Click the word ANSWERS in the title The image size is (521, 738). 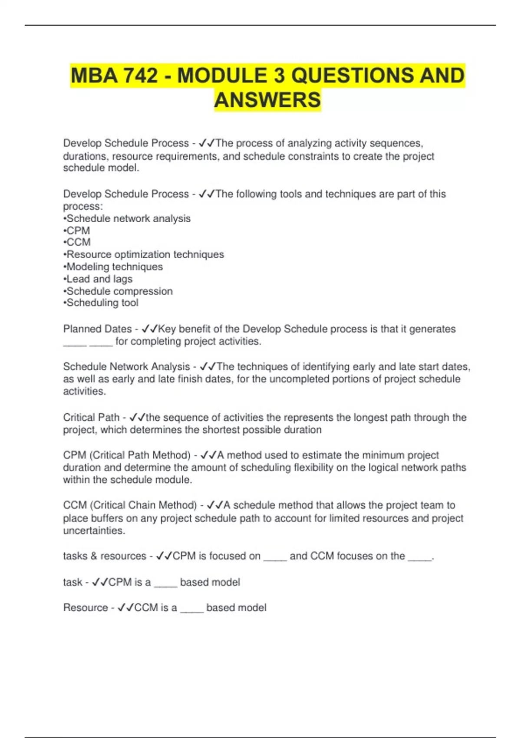pos(267,100)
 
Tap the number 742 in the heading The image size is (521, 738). pos(140,76)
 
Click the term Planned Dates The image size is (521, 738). pos(97,329)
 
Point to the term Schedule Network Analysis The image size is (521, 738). pos(126,367)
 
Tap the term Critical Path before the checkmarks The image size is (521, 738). pos(91,417)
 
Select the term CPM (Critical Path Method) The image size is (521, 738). pos(127,455)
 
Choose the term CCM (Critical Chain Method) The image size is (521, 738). pos(130,505)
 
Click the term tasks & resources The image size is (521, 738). pos(104,556)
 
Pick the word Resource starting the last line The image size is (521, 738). pos(86,608)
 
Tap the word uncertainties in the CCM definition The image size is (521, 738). pos(94,530)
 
